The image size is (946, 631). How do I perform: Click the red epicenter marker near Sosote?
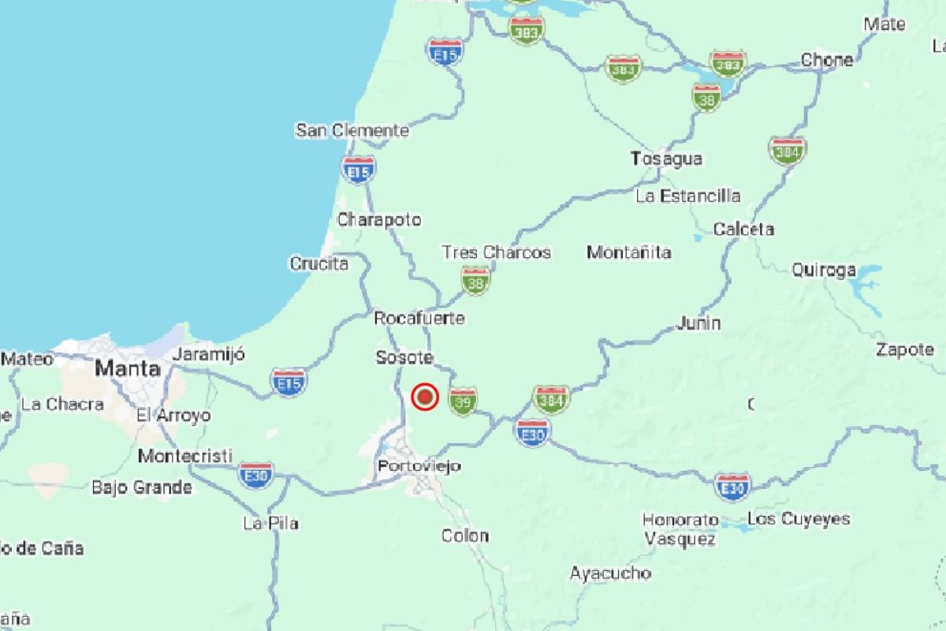tap(425, 396)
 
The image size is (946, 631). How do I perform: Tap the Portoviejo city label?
tap(419, 466)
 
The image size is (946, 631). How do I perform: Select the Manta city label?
tap(128, 368)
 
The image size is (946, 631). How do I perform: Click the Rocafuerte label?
tap(419, 319)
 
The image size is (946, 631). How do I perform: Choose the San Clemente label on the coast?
tap(352, 130)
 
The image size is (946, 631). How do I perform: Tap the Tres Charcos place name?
tap(496, 252)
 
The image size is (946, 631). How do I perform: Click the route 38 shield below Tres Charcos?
tap(475, 280)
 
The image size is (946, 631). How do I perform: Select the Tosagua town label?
tap(666, 159)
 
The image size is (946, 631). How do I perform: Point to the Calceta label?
tap(743, 230)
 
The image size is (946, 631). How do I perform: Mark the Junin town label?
tap(698, 323)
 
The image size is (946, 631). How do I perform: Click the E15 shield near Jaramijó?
tap(289, 383)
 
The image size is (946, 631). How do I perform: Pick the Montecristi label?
tap(185, 456)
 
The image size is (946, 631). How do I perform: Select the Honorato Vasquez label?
tap(680, 529)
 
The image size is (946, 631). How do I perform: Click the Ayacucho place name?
tap(610, 573)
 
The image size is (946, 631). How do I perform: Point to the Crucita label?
tap(319, 263)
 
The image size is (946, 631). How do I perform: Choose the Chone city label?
tap(827, 60)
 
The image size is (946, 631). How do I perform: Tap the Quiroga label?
tap(824, 271)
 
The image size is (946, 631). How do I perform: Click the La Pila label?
tap(270, 523)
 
